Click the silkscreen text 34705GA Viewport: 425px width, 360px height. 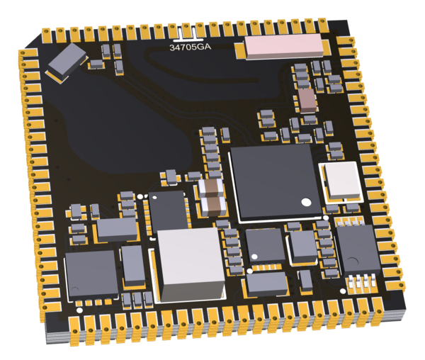click(190, 47)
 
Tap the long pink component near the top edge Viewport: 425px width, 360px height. click(284, 46)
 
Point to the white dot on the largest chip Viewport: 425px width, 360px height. click(307, 202)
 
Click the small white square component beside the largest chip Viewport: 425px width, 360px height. click(343, 181)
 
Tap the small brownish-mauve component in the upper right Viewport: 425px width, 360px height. click(308, 101)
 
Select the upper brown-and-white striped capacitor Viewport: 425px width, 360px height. click(210, 188)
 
